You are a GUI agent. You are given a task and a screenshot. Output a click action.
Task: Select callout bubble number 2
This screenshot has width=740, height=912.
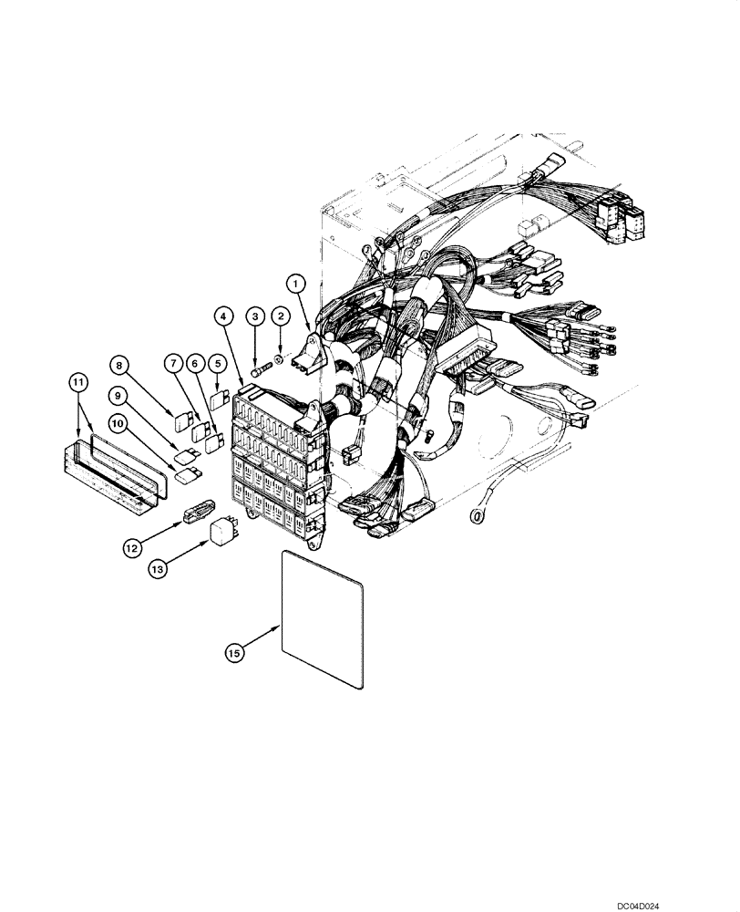pos(282,316)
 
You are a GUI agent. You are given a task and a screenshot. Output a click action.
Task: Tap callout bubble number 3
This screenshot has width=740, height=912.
pos(256,316)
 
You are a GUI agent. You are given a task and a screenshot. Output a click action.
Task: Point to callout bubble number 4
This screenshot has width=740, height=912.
pos(224,316)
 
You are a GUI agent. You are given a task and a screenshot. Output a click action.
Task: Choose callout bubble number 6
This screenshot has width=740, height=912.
pos(193,363)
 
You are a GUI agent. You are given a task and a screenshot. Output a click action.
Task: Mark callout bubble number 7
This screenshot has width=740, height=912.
pos(170,363)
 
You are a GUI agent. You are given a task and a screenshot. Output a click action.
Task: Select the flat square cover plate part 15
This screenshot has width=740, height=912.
pos(324,629)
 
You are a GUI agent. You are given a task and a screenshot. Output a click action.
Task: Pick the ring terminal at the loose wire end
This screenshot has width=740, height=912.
pos(475,516)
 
